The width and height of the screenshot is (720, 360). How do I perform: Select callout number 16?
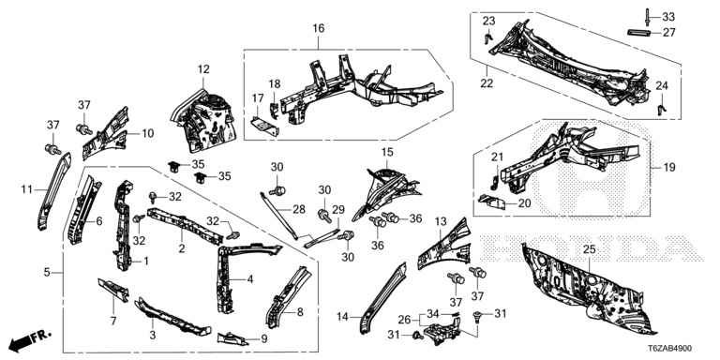tap(318, 28)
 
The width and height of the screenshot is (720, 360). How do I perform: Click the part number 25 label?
tap(589, 249)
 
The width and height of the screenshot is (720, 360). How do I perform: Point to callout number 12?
tap(203, 69)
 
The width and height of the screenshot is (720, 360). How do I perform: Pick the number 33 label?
tap(668, 18)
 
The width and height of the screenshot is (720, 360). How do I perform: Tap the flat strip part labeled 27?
tap(639, 32)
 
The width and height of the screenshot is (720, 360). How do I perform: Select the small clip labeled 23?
tap(488, 37)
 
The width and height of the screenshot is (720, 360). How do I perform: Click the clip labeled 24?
tap(661, 110)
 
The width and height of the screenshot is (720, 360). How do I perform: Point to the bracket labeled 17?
tap(264, 126)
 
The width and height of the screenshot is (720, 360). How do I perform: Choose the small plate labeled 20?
tap(492, 202)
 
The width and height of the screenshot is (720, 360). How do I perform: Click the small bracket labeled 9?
tap(232, 338)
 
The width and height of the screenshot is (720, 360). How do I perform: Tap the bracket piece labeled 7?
tap(112, 290)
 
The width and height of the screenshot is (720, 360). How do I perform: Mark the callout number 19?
tap(669, 168)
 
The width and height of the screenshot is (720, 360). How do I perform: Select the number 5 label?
tap(47, 272)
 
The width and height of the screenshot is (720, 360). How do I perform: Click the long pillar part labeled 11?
tap(54, 189)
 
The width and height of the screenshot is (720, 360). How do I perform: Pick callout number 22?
tap(487, 83)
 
